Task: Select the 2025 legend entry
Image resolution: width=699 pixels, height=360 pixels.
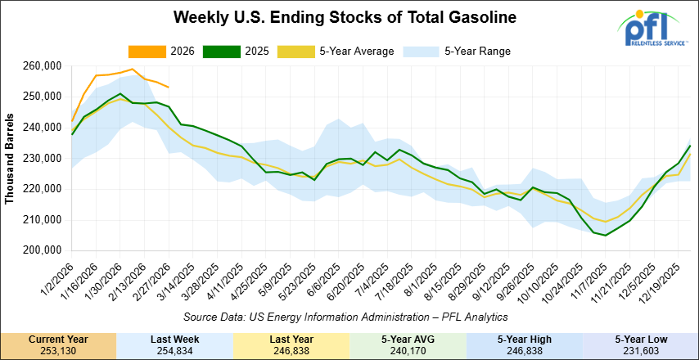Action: tap(257, 52)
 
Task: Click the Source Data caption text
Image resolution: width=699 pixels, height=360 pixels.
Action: tap(346, 316)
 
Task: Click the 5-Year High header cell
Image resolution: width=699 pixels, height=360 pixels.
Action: tap(524, 338)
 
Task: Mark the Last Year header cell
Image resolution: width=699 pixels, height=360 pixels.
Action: tap(291, 338)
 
